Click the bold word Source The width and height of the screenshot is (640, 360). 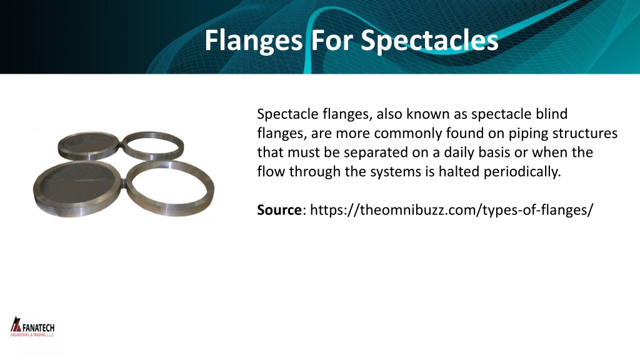(x=279, y=210)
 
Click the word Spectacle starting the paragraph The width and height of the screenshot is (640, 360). (x=283, y=114)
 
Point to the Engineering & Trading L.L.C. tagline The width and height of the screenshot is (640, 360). (x=32, y=336)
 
